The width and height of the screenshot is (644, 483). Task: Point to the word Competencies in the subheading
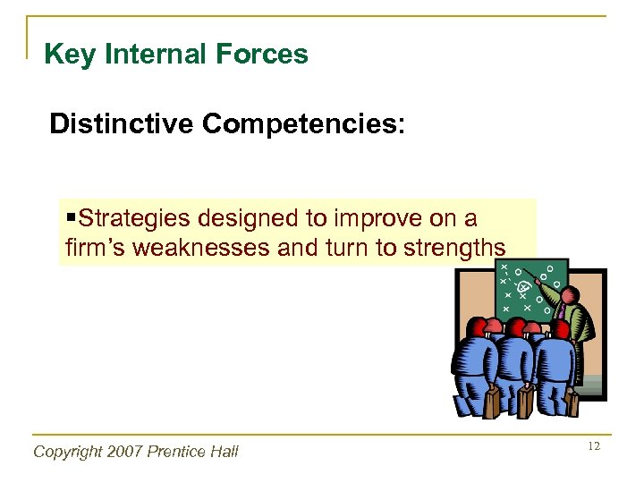(x=302, y=123)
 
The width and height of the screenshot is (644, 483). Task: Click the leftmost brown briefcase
(x=492, y=402)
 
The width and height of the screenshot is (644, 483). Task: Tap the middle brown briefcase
(x=526, y=402)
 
